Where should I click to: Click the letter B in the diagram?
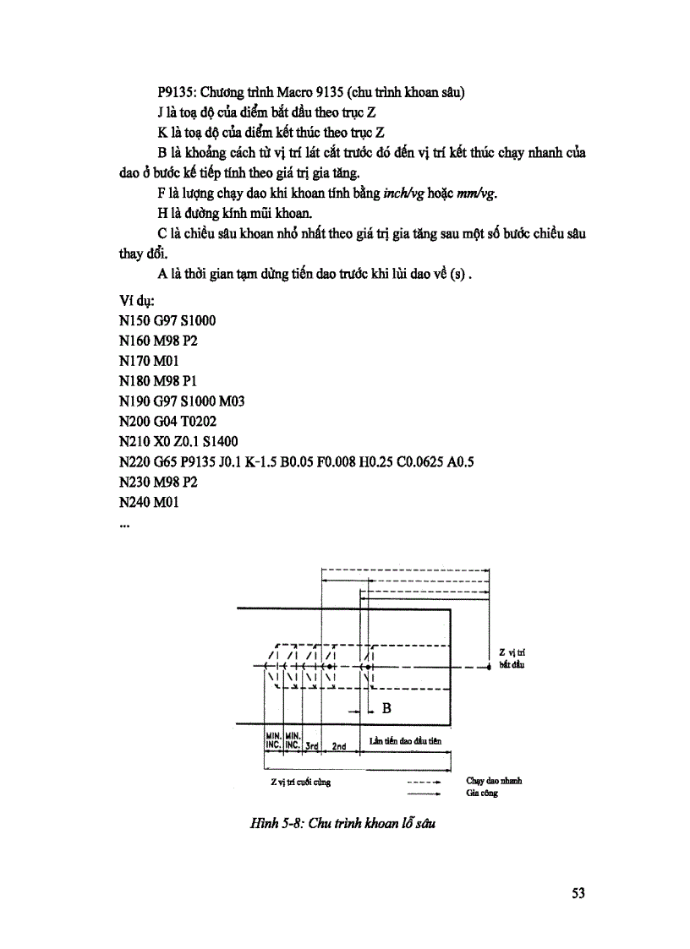(386, 708)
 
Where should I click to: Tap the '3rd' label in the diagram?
(312, 746)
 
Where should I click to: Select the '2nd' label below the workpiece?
(338, 746)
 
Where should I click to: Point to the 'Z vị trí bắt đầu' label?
(512, 658)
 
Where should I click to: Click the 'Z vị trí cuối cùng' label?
(295, 782)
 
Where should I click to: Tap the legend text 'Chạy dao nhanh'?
(494, 781)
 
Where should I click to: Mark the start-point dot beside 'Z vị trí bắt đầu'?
(490, 668)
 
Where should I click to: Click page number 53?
(578, 893)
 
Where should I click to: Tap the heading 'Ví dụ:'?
(136, 300)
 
